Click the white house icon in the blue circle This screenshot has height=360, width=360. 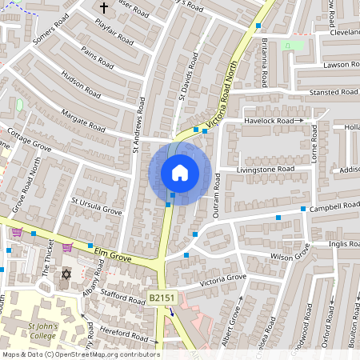180,173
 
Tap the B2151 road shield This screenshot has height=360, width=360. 162,298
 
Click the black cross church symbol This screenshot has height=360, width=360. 103,8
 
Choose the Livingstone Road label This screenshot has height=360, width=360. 266,170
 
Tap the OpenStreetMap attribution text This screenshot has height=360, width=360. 80,354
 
